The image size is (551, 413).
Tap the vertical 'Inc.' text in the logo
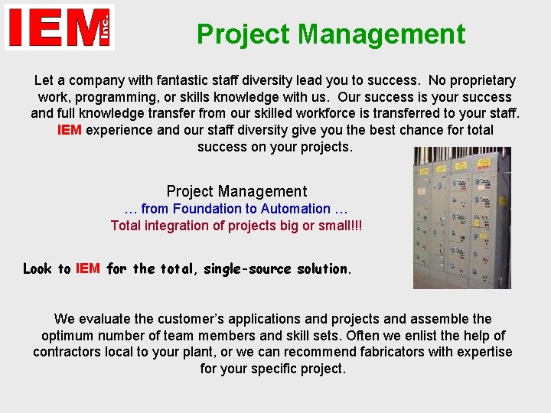[105, 28]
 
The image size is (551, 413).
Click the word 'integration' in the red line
[178, 226]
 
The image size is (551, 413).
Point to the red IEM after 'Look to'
[87, 268]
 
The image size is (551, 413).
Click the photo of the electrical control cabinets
[461, 218]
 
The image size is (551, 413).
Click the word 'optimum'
[70, 336]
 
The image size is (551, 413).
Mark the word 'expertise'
[482, 353]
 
